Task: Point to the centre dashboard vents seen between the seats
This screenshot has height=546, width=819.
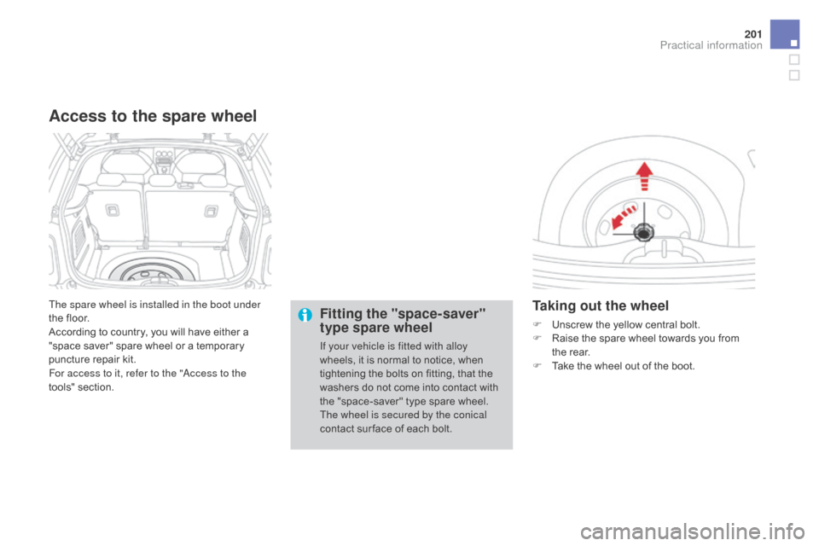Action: pyautogui.click(x=159, y=158)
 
